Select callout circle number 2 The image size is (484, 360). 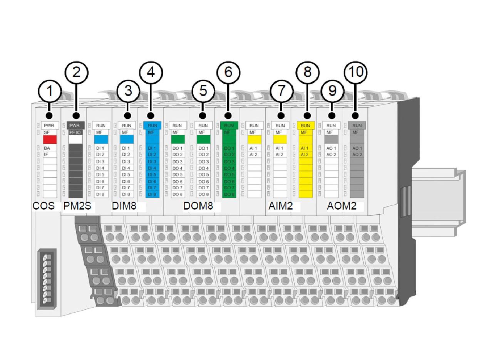[x=76, y=72]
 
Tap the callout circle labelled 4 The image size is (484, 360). [x=151, y=72]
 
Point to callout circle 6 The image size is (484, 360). [x=228, y=72]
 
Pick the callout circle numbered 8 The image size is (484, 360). [x=307, y=72]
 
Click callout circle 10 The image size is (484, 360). [x=355, y=72]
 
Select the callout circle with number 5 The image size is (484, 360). [x=203, y=91]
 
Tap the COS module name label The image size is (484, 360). [x=44, y=206]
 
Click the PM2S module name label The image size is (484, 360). [x=77, y=206]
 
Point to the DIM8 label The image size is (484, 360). [x=124, y=206]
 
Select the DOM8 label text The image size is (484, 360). [x=198, y=206]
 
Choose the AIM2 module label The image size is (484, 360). [x=280, y=206]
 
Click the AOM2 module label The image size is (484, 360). [x=342, y=206]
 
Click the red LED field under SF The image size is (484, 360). [x=50, y=139]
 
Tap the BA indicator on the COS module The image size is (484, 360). [x=47, y=148]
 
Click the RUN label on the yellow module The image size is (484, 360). [x=305, y=126]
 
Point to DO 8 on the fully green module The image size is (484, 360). [x=229, y=194]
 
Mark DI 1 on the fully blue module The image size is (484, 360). [x=152, y=148]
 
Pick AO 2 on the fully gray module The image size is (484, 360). [x=357, y=155]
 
